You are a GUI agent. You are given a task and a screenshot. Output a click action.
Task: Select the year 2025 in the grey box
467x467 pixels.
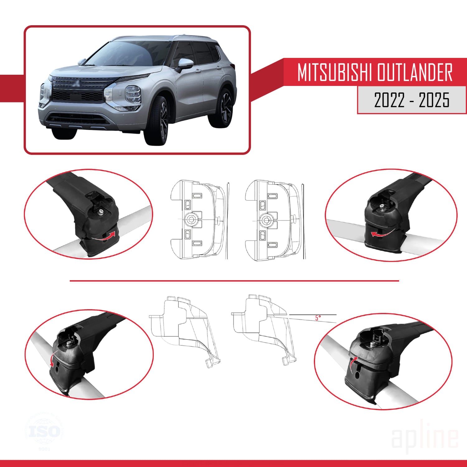pos(434,100)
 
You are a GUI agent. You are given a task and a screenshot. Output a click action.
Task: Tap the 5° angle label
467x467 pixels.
pos(318,318)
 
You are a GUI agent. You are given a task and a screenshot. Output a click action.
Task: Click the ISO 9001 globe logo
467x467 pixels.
pos(44,431)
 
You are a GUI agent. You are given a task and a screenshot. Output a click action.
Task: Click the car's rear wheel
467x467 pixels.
pos(225,108)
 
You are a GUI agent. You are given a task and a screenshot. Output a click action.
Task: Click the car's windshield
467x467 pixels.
pos(125,53)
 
